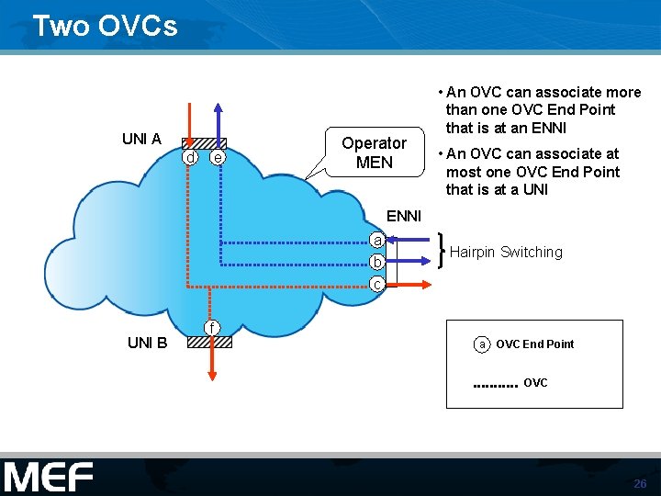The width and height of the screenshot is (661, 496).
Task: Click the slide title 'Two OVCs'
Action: (x=105, y=26)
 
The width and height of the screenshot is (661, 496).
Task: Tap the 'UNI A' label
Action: (x=141, y=140)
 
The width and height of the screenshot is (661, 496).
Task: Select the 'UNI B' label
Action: (x=147, y=343)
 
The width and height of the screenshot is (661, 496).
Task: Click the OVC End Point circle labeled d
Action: (x=190, y=158)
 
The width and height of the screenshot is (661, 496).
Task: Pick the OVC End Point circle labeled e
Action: (x=217, y=158)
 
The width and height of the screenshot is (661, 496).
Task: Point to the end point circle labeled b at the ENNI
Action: (x=376, y=262)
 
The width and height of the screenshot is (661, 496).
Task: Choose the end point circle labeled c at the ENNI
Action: (x=376, y=284)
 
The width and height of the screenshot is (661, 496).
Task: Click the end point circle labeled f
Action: (x=211, y=328)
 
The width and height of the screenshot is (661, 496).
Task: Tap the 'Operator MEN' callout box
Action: (x=374, y=152)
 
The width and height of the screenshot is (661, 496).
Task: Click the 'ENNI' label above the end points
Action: (x=404, y=216)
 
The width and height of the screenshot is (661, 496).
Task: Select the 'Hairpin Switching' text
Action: (x=506, y=253)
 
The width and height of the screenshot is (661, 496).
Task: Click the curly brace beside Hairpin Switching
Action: (x=443, y=251)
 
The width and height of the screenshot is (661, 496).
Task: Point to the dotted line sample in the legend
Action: (x=495, y=386)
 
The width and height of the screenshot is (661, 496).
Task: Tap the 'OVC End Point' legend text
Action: (x=534, y=344)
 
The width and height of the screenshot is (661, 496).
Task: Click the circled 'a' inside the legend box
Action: (x=482, y=344)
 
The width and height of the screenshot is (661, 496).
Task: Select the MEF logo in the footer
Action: (x=48, y=478)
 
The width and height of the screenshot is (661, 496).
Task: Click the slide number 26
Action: (x=640, y=484)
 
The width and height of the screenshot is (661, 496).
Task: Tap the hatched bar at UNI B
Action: (x=209, y=342)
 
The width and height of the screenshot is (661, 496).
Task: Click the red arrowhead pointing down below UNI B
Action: (x=211, y=374)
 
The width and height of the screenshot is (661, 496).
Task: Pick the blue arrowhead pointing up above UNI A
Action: (x=218, y=109)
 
